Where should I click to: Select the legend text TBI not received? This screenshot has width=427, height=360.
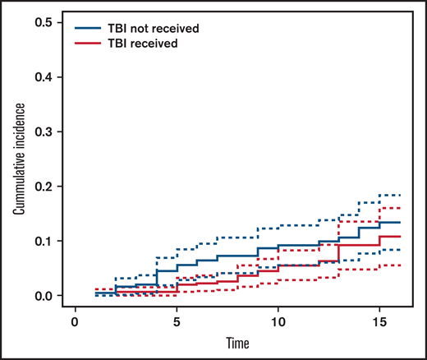pos(153,28)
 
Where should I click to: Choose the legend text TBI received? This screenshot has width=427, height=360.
pos(142,44)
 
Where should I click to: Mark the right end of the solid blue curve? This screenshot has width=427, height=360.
pos(399,223)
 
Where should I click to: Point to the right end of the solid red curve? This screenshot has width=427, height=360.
pos(399,237)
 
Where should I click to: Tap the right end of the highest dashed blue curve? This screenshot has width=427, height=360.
pos(399,195)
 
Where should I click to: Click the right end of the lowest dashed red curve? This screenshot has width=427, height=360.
pos(399,265)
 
